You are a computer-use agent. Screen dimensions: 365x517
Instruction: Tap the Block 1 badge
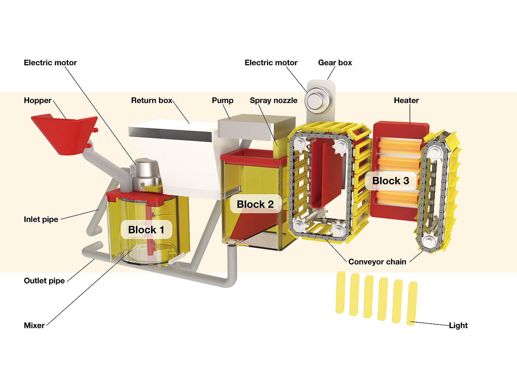pyautogui.click(x=146, y=230)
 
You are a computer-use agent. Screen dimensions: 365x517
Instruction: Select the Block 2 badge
pyautogui.click(x=255, y=204)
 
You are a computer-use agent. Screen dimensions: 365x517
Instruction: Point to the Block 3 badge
pyautogui.click(x=391, y=181)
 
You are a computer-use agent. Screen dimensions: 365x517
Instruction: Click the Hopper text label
pyautogui.click(x=38, y=100)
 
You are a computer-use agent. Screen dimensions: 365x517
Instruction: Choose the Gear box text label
pyautogui.click(x=335, y=63)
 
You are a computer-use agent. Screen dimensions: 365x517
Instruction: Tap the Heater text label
pyautogui.click(x=406, y=100)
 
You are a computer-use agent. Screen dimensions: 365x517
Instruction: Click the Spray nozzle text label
pyautogui.click(x=273, y=100)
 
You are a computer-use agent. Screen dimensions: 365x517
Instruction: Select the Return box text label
pyautogui.click(x=152, y=100)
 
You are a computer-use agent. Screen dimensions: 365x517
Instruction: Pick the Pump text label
pyautogui.click(x=222, y=100)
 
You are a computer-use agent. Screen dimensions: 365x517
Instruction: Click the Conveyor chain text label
pyautogui.click(x=377, y=262)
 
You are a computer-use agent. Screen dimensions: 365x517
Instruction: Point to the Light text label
pyautogui.click(x=458, y=325)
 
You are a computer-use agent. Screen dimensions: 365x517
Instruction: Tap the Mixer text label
pyautogui.click(x=34, y=325)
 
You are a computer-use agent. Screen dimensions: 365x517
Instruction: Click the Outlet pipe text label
pyautogui.click(x=44, y=281)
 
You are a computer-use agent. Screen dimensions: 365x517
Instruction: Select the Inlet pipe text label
pyautogui.click(x=41, y=219)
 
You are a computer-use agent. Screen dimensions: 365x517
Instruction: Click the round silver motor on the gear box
pyautogui.click(x=315, y=101)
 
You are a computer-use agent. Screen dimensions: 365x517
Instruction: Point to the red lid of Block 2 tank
pyautogui.click(x=253, y=156)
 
